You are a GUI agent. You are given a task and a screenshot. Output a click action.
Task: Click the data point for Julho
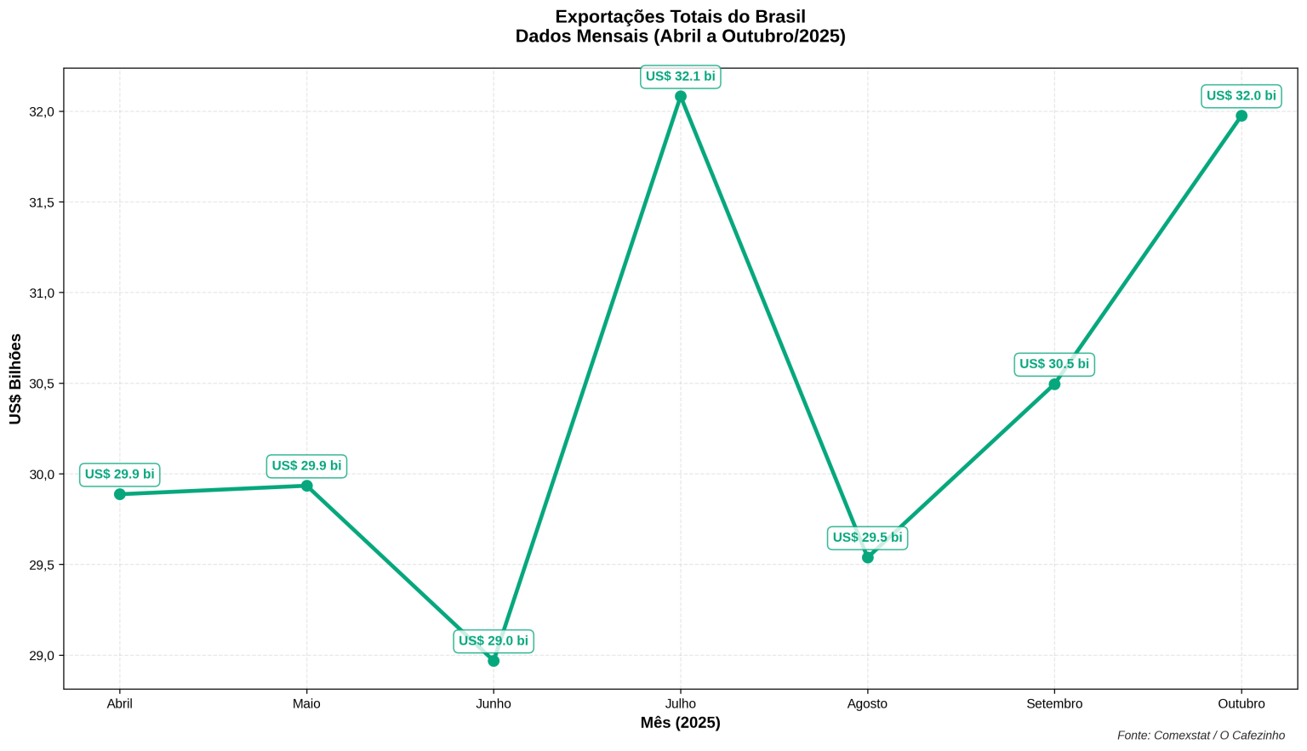(x=681, y=97)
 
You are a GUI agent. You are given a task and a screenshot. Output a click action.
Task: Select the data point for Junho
(x=494, y=661)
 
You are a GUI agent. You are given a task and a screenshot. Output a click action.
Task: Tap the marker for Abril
(x=120, y=494)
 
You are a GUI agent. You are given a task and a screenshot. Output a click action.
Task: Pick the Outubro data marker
(x=1241, y=116)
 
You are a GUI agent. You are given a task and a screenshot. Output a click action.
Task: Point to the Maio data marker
(x=306, y=486)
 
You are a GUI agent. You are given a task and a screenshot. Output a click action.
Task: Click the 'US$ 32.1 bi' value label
(x=681, y=77)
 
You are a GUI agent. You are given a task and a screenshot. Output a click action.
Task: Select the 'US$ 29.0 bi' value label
(x=494, y=641)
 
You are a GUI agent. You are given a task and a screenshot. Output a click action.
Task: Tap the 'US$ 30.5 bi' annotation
(x=1054, y=364)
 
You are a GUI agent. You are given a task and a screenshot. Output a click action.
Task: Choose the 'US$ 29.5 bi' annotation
(x=867, y=538)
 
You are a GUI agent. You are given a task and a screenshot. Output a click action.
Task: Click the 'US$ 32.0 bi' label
(x=1241, y=96)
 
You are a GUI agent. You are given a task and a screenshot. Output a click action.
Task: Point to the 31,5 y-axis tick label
(x=42, y=202)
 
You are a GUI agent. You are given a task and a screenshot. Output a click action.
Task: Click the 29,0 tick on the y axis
(x=42, y=656)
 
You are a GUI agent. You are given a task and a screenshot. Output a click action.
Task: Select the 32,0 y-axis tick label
(x=42, y=112)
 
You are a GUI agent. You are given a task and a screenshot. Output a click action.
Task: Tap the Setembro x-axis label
(x=1054, y=704)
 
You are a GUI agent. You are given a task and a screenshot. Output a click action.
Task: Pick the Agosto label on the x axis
(x=867, y=704)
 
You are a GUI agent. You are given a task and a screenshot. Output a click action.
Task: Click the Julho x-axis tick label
(x=681, y=704)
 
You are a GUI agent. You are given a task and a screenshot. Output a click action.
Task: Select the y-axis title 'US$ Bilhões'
(x=15, y=379)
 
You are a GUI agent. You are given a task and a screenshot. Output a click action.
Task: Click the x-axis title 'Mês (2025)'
(x=681, y=723)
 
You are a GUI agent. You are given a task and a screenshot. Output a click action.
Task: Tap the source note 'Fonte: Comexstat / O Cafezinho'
(x=1201, y=736)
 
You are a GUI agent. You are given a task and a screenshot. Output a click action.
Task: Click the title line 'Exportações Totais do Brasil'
(x=681, y=17)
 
